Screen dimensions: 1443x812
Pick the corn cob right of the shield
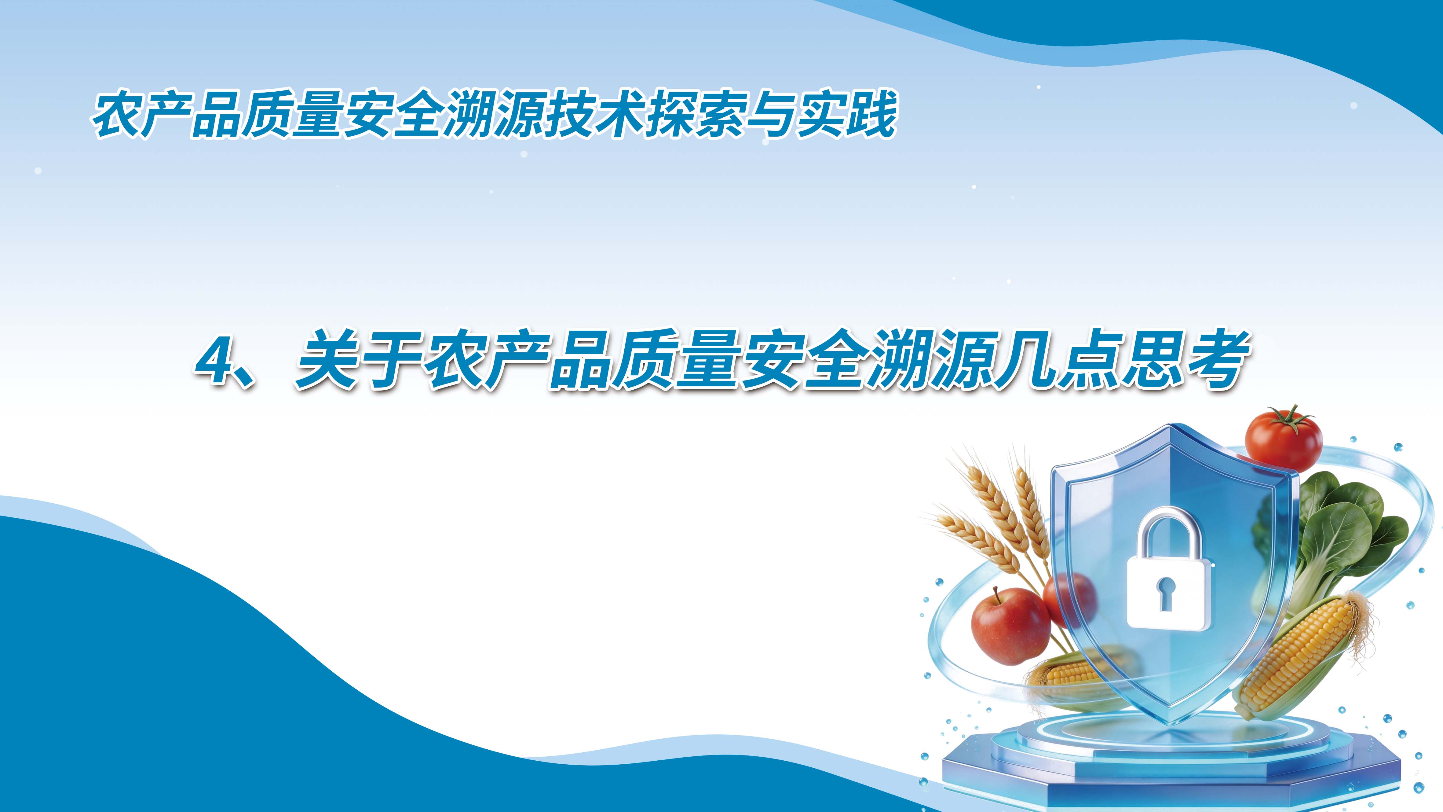(x=1305, y=656)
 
